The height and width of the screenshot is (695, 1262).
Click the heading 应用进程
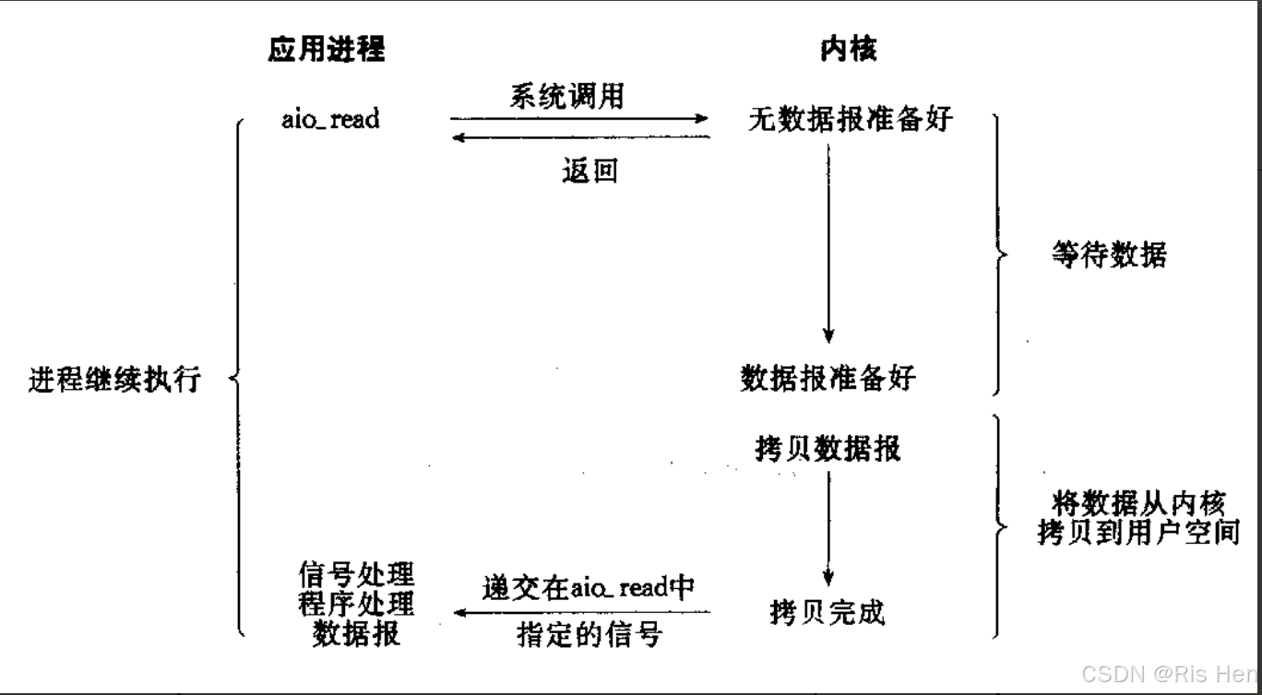pos(327,50)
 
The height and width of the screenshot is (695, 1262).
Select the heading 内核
pos(848,50)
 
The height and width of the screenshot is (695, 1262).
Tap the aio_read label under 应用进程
pos(330,119)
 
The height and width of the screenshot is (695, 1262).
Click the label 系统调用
pos(566,97)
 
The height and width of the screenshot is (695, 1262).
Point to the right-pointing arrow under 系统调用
pos(578,119)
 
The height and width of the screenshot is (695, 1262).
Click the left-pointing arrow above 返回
pos(578,137)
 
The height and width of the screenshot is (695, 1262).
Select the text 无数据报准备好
pos(849,119)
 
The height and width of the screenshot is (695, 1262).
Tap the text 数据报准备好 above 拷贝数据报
pos(829,377)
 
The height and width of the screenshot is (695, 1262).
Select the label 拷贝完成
pos(827,611)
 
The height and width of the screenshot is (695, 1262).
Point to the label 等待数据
pos(1108,254)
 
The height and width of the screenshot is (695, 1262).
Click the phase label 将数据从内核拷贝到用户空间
pos(1137,518)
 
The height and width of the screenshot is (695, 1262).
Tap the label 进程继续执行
pos(114,380)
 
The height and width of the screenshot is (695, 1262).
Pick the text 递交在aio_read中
pos(588,587)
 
